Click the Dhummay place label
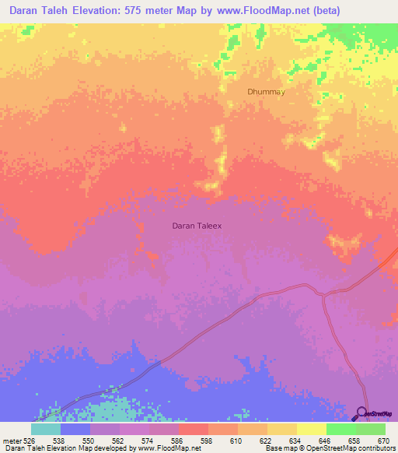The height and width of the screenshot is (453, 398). [x=267, y=91]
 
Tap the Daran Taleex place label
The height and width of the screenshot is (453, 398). [x=197, y=226]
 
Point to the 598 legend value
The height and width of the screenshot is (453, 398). [x=207, y=440]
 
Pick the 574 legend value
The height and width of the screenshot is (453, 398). [x=148, y=440]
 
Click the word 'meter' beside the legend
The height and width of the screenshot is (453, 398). [x=12, y=440]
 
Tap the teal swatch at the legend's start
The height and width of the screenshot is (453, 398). [x=46, y=428]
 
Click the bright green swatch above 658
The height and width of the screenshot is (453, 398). [x=340, y=428]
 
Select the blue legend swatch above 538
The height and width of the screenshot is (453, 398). [x=75, y=428]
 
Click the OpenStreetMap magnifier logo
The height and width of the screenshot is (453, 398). [x=361, y=413]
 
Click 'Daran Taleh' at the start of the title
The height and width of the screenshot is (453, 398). [x=42, y=11]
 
